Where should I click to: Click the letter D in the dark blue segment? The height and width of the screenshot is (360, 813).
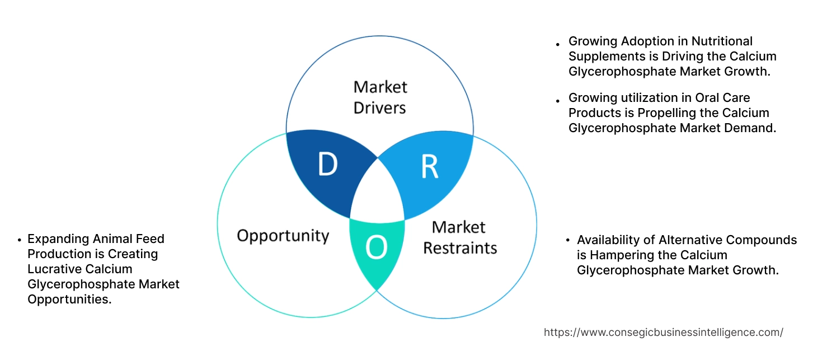click(327, 163)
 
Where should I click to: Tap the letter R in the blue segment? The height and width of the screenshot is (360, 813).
click(429, 166)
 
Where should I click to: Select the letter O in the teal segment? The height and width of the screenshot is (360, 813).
click(377, 247)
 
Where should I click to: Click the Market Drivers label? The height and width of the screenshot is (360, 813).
click(380, 97)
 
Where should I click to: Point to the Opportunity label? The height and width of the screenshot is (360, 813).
click(283, 235)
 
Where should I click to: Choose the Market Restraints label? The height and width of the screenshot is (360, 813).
click(459, 237)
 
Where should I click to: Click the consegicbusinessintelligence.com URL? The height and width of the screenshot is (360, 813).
click(663, 332)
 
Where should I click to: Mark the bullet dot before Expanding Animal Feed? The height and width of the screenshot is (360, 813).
click(19, 240)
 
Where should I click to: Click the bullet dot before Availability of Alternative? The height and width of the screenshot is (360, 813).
click(568, 241)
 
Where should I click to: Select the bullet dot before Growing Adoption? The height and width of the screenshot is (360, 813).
click(557, 43)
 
